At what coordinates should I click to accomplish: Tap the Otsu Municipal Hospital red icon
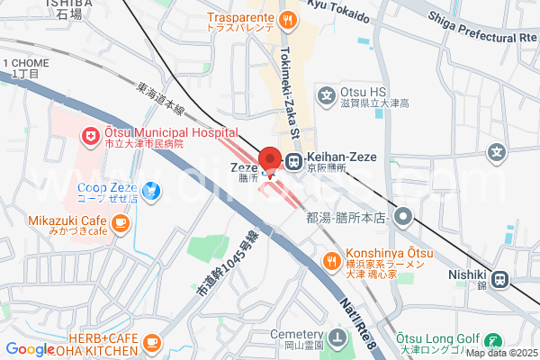[x=90, y=137]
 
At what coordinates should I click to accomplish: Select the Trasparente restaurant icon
[x=287, y=19]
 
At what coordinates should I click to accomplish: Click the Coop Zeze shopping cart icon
[x=151, y=190]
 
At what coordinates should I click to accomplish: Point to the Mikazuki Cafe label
[x=55, y=219]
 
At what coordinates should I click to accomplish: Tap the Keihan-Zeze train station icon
[x=293, y=162]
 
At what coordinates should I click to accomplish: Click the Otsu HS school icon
[x=328, y=94]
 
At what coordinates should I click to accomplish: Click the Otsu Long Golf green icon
[x=493, y=341]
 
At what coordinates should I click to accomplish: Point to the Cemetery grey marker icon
[x=337, y=339]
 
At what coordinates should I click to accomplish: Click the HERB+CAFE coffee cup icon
[x=151, y=342]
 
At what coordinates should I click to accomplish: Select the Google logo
[x=30, y=349]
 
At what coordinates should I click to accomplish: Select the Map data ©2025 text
[x=500, y=353]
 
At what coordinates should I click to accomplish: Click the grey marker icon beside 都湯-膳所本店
[x=402, y=216]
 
